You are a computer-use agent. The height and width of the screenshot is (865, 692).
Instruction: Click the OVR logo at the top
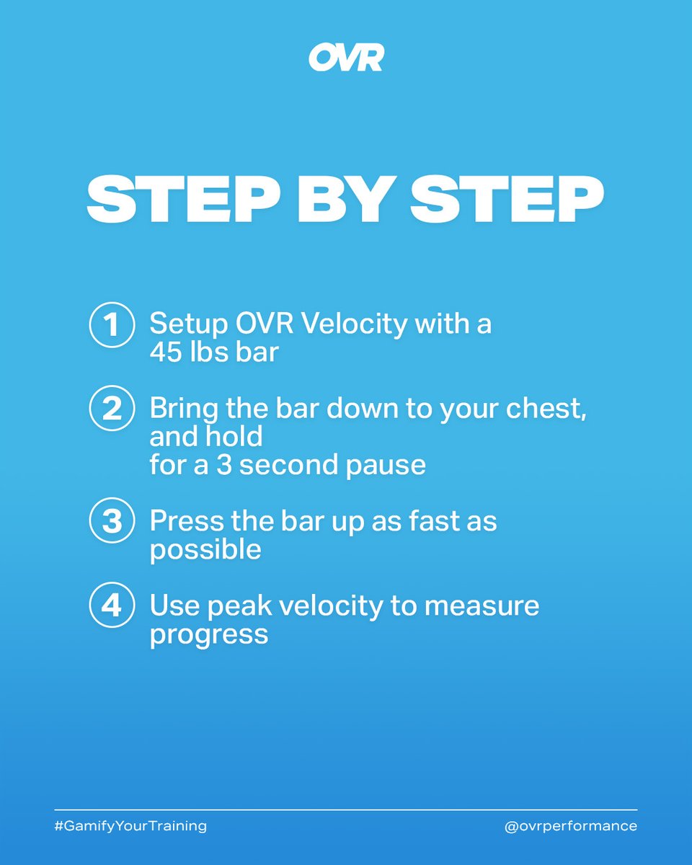click(x=346, y=58)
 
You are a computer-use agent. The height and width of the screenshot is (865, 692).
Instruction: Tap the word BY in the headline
click(x=345, y=199)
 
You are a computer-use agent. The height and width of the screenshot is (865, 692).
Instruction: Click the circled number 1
click(x=112, y=325)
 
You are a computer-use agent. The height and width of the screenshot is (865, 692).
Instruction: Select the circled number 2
click(x=112, y=409)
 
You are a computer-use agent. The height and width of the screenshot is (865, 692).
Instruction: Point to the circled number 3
click(x=112, y=520)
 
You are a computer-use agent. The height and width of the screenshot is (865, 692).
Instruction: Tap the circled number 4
click(x=112, y=605)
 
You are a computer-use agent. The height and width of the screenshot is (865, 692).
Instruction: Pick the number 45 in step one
click(x=166, y=352)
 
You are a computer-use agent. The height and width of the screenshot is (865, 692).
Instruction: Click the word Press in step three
click(x=187, y=521)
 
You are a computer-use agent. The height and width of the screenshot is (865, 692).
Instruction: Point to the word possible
click(x=205, y=551)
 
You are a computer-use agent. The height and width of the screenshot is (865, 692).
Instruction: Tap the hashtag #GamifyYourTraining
click(x=130, y=826)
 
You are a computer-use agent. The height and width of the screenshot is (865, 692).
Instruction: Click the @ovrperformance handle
click(x=571, y=826)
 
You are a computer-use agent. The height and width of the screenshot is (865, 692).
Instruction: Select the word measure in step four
click(x=482, y=606)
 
